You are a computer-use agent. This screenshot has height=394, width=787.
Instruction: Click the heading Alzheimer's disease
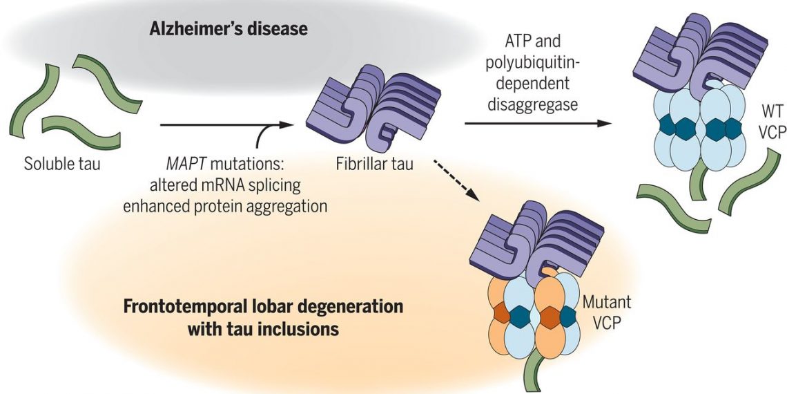[229, 30]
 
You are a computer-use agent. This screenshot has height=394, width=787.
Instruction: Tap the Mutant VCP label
[607, 312]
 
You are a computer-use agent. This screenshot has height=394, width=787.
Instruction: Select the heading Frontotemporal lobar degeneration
[263, 306]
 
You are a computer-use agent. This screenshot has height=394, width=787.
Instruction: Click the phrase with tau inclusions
[263, 329]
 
